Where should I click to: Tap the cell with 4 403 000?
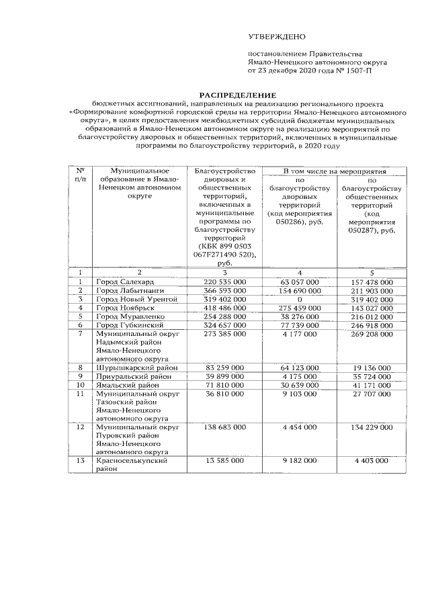click(x=372, y=462)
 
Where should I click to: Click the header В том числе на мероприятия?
click(x=333, y=172)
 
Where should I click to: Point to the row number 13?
click(x=81, y=462)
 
